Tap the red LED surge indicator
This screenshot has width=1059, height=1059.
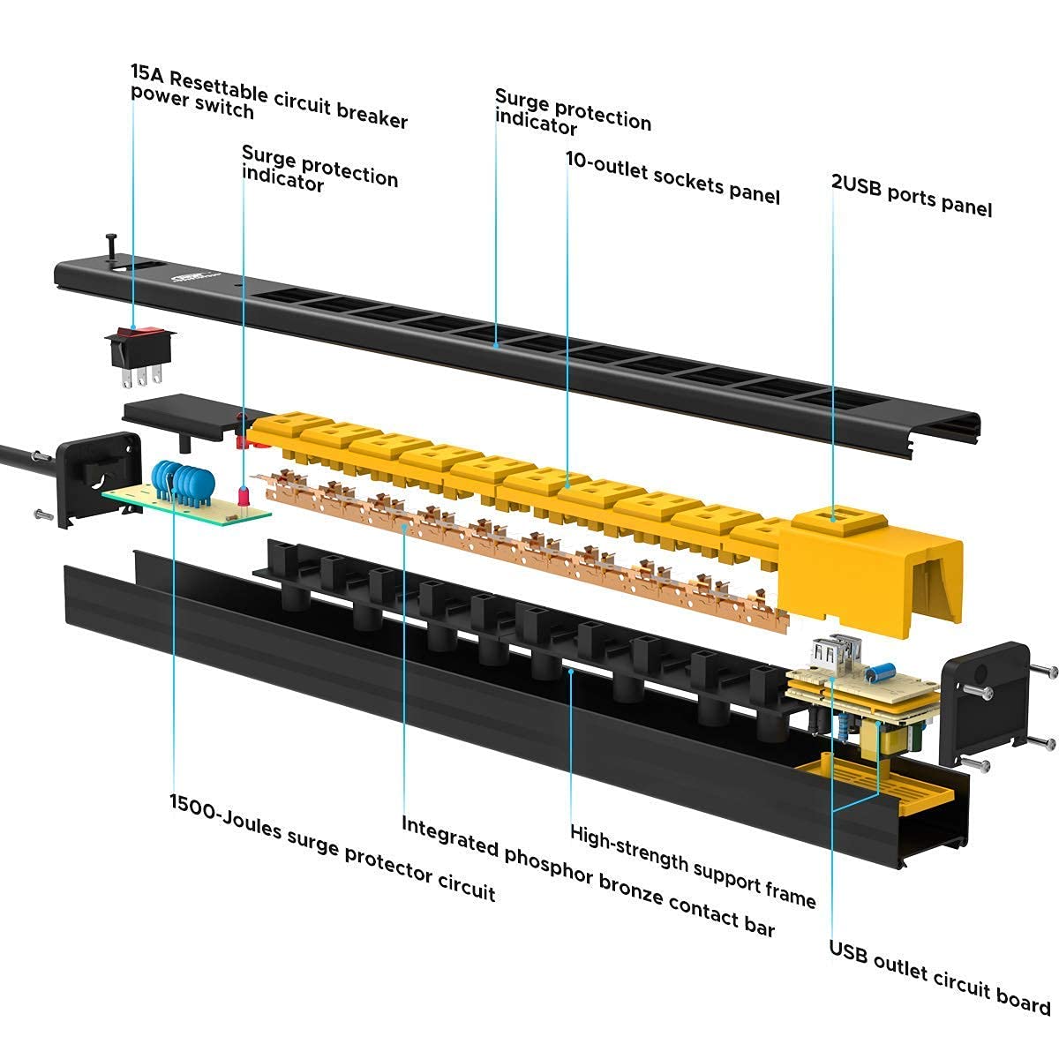coord(243,497)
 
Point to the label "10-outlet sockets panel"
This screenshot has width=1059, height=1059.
coord(672,178)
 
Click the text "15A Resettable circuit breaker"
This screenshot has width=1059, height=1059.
coord(269,96)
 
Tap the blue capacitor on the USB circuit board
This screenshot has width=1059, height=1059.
coord(880,672)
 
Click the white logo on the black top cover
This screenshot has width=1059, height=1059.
coord(193,277)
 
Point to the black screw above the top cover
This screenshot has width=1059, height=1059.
coord(111,244)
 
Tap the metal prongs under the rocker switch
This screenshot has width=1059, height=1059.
coord(142,376)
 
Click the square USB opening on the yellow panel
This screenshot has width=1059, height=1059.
coord(833,516)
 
